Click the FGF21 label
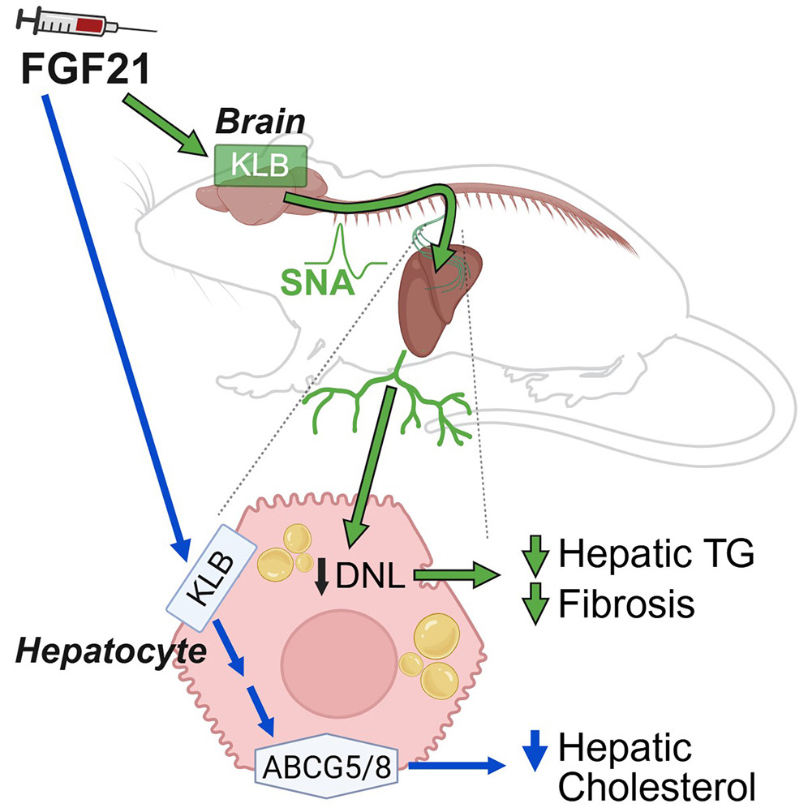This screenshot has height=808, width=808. pyautogui.click(x=85, y=68)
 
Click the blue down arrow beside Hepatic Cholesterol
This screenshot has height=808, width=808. pyautogui.click(x=532, y=750)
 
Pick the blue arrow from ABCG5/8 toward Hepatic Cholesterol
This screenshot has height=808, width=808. pyautogui.click(x=462, y=763)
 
